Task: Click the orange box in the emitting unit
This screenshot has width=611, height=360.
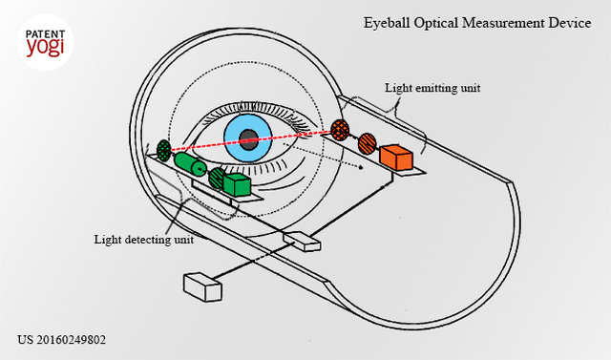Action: point(396,157)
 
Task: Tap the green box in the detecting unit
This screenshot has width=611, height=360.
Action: point(237,184)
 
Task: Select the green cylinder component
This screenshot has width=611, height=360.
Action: point(190,164)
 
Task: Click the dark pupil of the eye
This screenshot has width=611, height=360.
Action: point(248,139)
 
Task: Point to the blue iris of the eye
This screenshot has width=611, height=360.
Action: point(248,138)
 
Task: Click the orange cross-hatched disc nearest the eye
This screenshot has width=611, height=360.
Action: point(340,130)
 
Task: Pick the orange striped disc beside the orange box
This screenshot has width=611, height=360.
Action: point(367,143)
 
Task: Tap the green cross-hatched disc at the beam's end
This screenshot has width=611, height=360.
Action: point(164,150)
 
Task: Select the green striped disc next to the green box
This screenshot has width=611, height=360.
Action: point(217,178)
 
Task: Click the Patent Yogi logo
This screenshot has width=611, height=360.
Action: point(45,42)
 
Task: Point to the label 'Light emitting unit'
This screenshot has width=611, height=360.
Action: point(432,88)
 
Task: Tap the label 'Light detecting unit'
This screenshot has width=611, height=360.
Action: point(144,240)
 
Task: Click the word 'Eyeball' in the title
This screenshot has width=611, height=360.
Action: point(387,23)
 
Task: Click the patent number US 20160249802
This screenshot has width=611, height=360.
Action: point(61,340)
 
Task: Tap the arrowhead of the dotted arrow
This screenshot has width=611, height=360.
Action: point(361,167)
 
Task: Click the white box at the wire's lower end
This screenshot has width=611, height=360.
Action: point(202,287)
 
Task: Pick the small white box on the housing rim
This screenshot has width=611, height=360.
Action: point(302,242)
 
